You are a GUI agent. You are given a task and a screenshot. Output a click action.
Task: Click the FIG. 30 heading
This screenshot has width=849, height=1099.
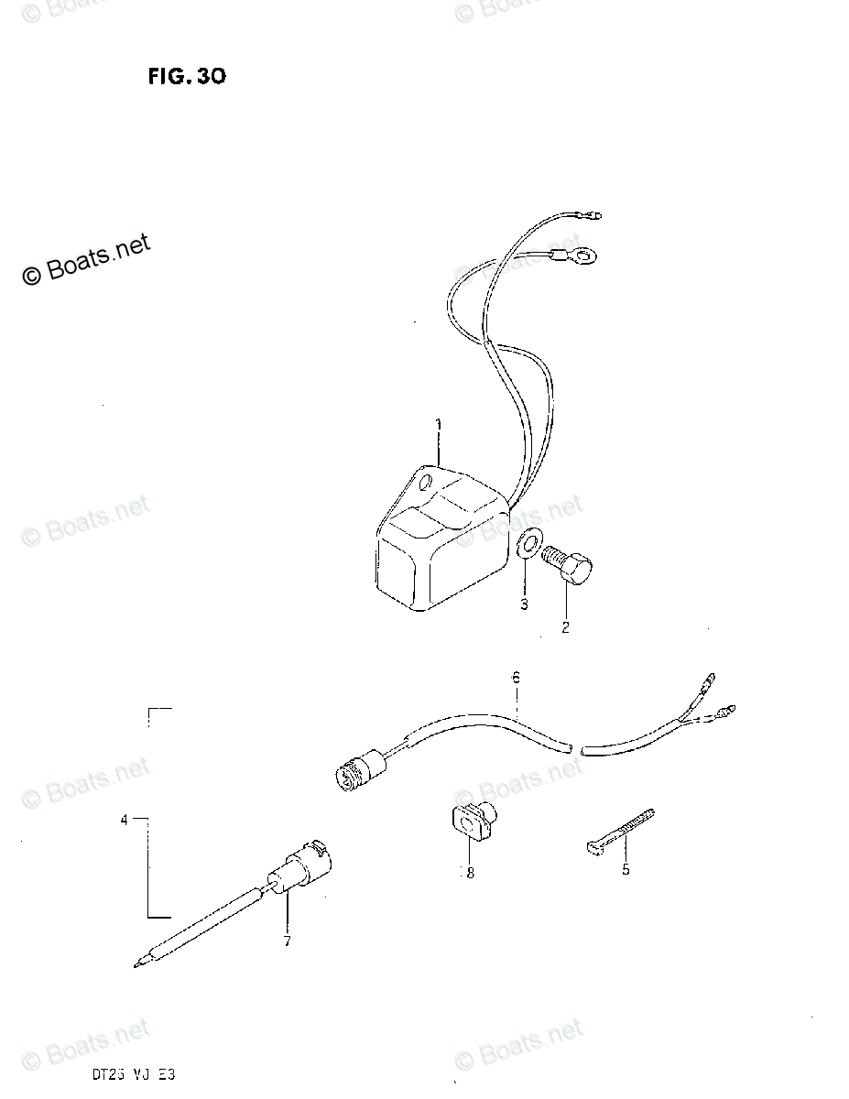click(186, 77)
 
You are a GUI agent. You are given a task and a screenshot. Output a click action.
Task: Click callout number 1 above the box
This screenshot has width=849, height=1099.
click(438, 425)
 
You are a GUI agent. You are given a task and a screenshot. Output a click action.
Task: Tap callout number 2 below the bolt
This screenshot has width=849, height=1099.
click(565, 627)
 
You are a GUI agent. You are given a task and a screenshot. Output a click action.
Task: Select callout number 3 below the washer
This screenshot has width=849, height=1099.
click(524, 604)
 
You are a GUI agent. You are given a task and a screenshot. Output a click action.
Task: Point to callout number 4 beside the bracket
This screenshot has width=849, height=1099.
click(125, 821)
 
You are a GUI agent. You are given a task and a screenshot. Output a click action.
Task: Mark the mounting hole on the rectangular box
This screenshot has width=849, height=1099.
click(422, 484)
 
